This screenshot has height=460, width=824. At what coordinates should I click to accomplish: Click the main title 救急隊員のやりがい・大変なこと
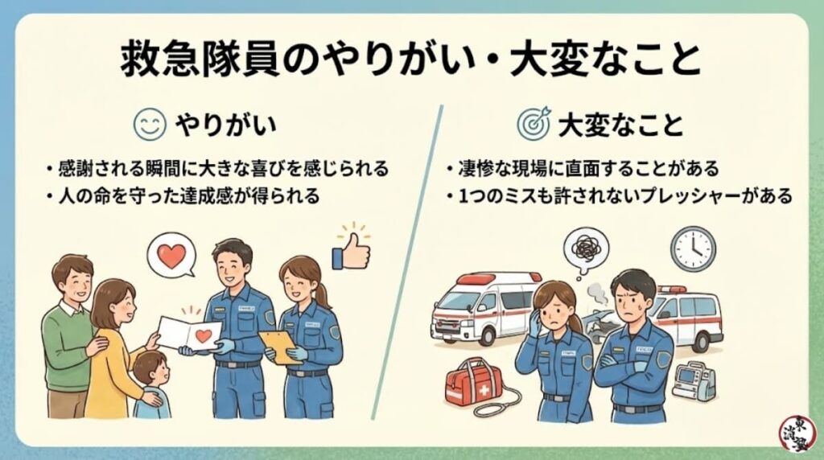point(411,60)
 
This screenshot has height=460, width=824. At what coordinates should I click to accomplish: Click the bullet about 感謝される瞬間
point(217,170)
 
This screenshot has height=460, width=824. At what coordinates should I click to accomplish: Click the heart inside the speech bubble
point(171,255)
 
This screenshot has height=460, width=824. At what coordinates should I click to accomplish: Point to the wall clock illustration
point(692,248)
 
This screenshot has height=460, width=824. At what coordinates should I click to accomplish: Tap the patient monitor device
point(693,381)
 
